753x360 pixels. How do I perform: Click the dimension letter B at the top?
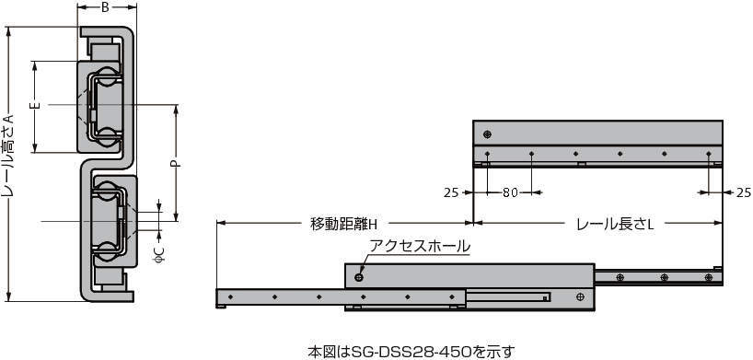click(x=105, y=7)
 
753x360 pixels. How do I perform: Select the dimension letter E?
click(x=38, y=105)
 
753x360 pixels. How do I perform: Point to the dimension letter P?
click(x=176, y=163)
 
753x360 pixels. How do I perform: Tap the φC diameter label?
click(x=160, y=254)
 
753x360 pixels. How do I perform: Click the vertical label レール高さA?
click(x=8, y=157)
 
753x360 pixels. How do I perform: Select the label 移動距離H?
click(x=345, y=224)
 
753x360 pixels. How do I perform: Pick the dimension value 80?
click(x=510, y=192)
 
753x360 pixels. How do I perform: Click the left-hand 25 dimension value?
click(x=451, y=192)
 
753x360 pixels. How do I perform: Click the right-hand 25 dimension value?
click(x=744, y=192)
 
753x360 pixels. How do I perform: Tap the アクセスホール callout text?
click(x=419, y=246)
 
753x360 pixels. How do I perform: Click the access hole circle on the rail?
click(x=358, y=277)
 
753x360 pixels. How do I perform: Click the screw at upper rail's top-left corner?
click(x=488, y=134)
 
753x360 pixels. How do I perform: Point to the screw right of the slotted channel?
click(x=581, y=297)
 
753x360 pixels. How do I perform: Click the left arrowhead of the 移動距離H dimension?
click(x=221, y=223)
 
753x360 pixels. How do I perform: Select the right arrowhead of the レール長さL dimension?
click(x=718, y=223)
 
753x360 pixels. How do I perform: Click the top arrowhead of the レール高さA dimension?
click(x=7, y=30)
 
